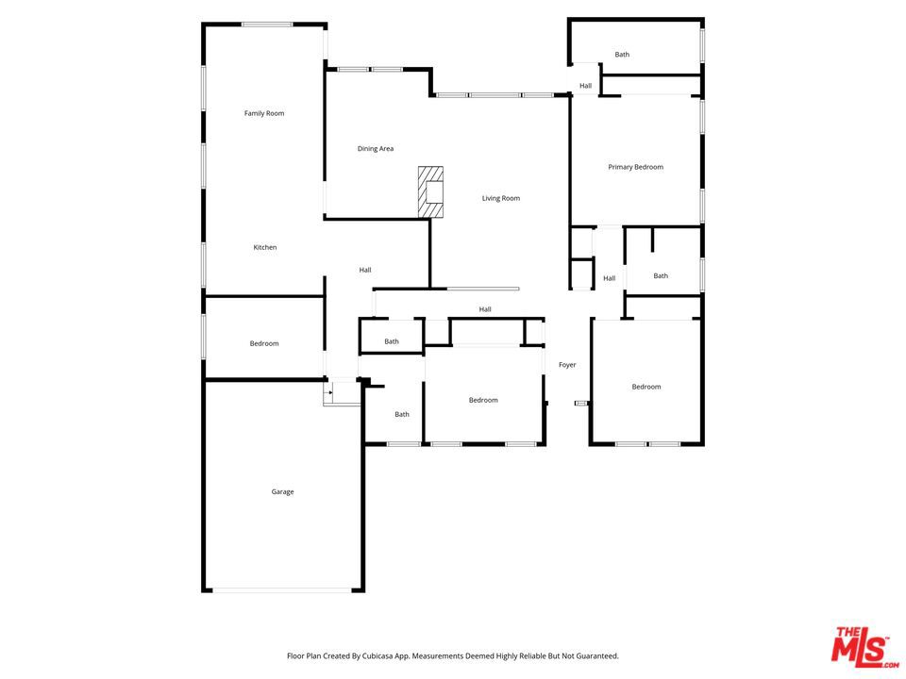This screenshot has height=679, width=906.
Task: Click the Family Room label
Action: click(x=264, y=113)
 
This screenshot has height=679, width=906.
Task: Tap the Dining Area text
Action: click(x=376, y=149)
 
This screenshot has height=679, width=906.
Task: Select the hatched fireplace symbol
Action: click(x=431, y=191)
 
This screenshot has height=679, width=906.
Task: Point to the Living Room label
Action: click(x=501, y=198)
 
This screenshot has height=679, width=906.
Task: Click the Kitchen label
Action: click(x=265, y=247)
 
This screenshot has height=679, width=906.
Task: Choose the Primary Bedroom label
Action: click(x=635, y=167)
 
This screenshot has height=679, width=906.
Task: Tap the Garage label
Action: click(x=283, y=491)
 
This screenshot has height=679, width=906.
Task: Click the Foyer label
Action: click(x=567, y=365)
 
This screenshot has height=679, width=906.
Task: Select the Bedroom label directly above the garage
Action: click(x=264, y=343)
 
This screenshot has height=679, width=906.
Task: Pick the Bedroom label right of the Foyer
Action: click(x=646, y=387)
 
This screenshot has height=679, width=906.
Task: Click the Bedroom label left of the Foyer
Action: click(x=483, y=400)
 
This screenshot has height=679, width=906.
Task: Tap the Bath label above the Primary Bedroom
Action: click(x=622, y=55)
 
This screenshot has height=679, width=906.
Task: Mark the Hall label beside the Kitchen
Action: click(x=365, y=271)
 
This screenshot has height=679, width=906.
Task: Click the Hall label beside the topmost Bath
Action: click(x=586, y=86)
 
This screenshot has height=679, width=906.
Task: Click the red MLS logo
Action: click(x=860, y=646)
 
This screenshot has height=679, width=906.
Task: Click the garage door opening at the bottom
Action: click(x=281, y=590)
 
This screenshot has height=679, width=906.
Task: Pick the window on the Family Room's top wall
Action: click(x=267, y=25)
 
